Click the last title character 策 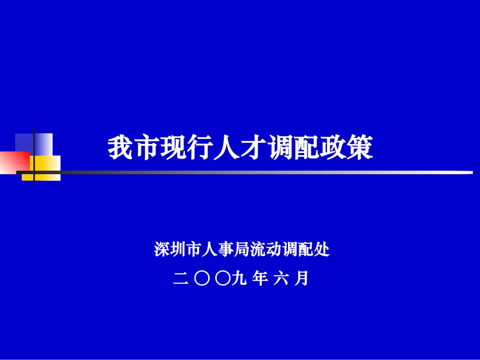360,148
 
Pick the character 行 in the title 201,148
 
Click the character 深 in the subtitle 162,249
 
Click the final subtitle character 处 322,249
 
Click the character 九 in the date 237,278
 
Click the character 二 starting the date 179,278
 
